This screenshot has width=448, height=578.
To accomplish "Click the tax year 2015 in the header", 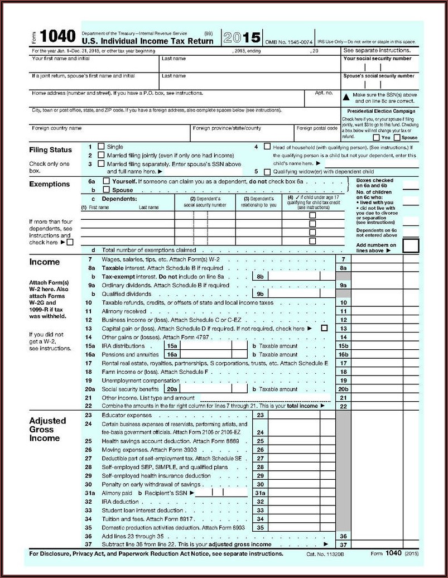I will [x=242, y=38].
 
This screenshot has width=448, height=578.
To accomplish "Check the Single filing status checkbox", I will [x=101, y=147].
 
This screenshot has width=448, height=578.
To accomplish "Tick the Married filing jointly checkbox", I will [x=101, y=155].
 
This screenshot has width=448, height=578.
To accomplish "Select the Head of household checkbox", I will [x=267, y=147].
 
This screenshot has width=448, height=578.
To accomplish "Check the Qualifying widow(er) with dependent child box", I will [x=267, y=172].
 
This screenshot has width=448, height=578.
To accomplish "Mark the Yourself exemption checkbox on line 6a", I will [x=106, y=181].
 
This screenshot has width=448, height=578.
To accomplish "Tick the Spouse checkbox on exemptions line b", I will [x=106, y=190].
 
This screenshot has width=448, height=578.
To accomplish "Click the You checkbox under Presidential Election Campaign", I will [x=377, y=137].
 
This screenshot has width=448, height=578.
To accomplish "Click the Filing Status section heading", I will [x=50, y=150].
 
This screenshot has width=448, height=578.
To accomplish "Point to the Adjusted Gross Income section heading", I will [x=47, y=429].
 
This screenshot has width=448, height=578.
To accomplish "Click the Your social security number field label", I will [x=377, y=59].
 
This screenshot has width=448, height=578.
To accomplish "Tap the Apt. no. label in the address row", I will [x=324, y=93].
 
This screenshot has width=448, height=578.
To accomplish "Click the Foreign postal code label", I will [x=316, y=128].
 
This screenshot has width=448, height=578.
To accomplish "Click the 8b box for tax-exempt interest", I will [x=260, y=276].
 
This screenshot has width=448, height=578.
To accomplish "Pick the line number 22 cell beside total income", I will [x=343, y=406].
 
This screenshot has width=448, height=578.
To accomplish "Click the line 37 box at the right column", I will [x=343, y=545].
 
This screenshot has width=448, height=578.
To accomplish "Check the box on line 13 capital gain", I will [x=324, y=329].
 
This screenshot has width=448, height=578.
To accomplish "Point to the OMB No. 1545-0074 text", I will [x=288, y=42].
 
